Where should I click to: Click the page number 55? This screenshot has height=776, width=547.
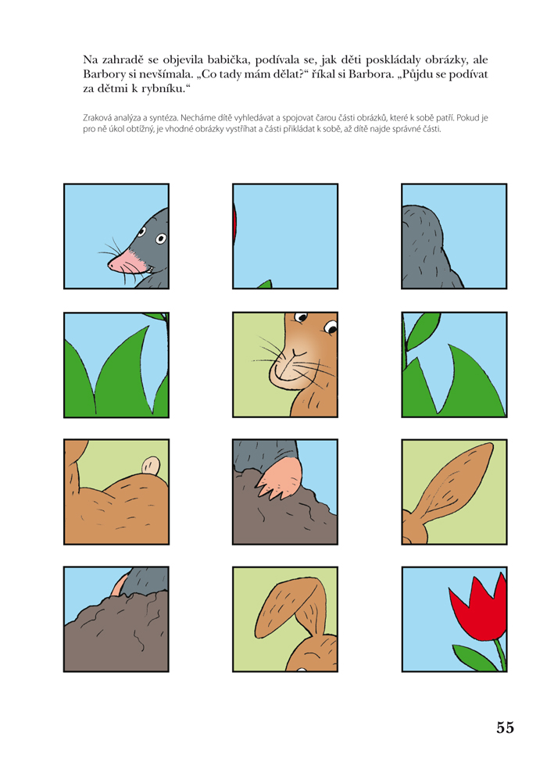pos(506,727)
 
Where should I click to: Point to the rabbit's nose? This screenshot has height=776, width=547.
pos(294,354)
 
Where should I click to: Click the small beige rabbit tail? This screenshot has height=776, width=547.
pos(151,466)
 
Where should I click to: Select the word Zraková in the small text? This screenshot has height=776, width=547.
pos(96,118)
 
